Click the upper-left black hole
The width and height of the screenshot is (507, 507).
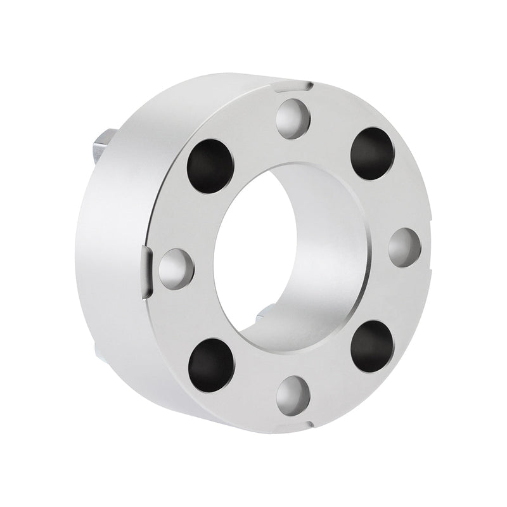(210, 162)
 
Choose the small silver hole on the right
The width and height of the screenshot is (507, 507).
(404, 247)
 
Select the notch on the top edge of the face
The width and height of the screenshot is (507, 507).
(309, 84)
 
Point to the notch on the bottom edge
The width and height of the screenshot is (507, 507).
(309, 423)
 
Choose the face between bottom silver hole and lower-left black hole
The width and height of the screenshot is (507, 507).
(250, 387)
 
